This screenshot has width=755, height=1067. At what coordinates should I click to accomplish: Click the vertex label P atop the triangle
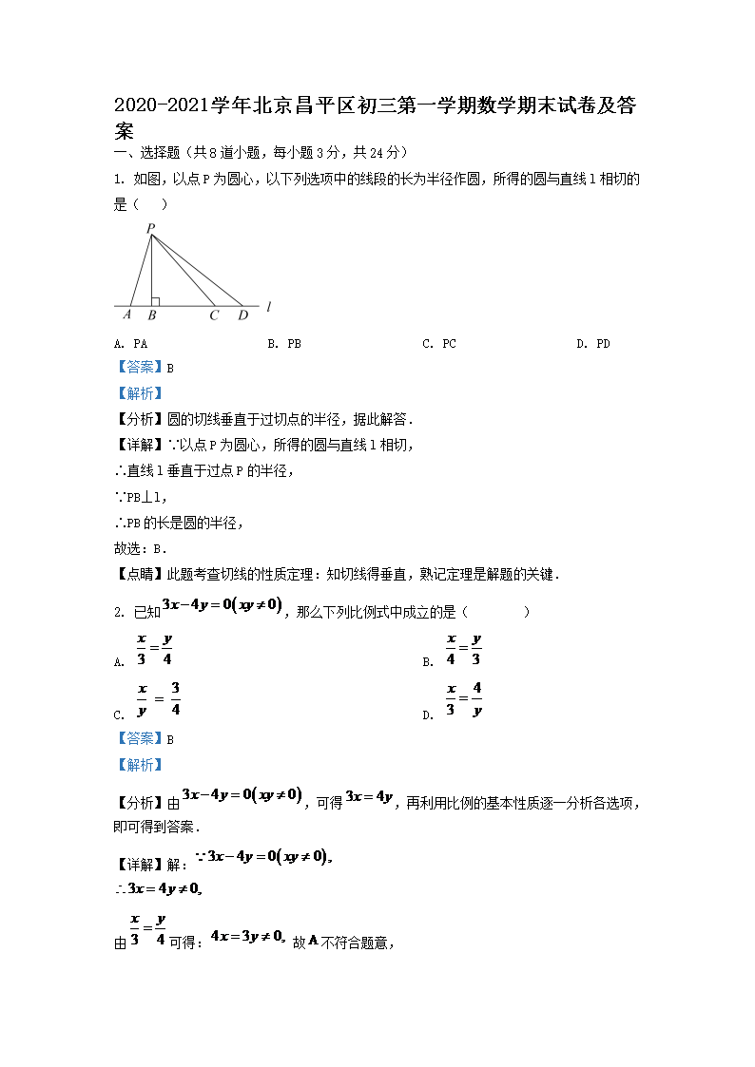point(150,228)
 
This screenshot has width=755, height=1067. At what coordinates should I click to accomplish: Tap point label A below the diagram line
point(127,314)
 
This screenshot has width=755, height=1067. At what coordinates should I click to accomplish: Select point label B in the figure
point(152,314)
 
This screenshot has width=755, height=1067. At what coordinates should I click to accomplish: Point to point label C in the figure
point(214,314)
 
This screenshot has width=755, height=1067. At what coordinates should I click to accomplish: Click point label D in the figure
point(242,314)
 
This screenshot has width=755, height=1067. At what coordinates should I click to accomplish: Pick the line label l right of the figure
point(270,306)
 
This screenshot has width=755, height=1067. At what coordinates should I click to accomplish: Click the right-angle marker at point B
point(155,301)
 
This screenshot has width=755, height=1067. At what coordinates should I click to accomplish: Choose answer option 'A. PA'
point(130,344)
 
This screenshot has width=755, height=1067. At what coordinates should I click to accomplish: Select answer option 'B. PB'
point(284,344)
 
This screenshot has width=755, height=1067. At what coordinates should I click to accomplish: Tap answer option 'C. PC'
point(438,344)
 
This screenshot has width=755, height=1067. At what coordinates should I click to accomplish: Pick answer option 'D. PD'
point(592,344)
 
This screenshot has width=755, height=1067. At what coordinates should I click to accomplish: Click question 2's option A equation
point(154,650)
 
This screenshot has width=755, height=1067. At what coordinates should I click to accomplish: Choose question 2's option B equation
point(464,650)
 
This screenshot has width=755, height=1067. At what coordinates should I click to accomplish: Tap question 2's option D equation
point(464,699)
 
